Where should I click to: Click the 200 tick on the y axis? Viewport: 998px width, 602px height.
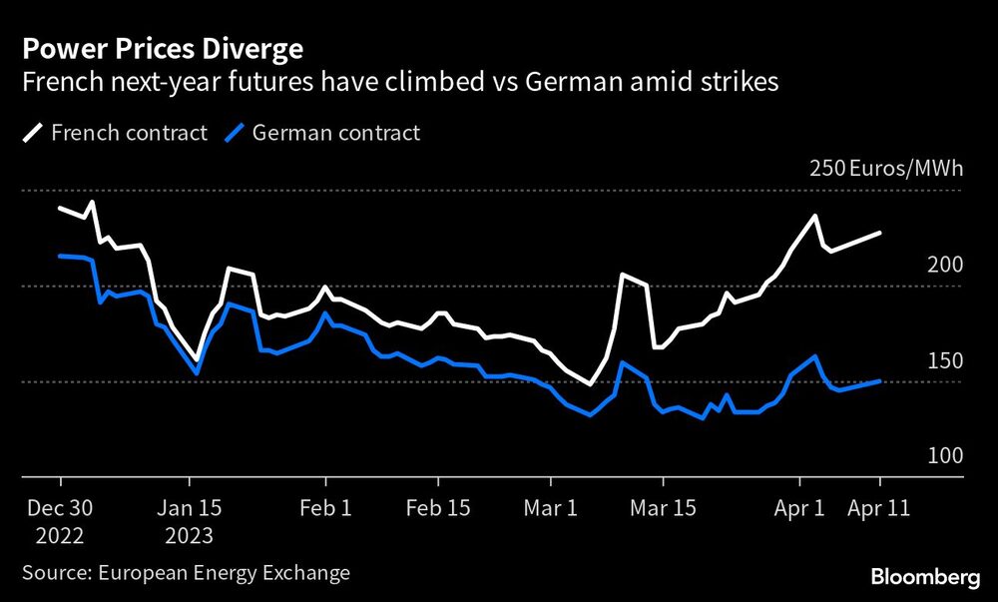point(943,265)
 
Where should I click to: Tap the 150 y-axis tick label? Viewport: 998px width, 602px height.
point(943,360)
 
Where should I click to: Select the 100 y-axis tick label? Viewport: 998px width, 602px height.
point(943,456)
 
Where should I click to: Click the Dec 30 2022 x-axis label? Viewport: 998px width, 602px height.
point(59,521)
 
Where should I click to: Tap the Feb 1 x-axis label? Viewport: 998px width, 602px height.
point(324,507)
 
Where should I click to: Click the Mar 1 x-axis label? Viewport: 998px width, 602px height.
point(552,507)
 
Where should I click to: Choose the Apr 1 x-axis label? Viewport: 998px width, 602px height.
point(801,507)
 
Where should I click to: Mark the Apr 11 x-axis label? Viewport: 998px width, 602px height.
point(879,507)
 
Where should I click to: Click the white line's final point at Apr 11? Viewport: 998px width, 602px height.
point(879,233)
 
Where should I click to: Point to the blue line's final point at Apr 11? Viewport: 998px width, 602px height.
point(879,380)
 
